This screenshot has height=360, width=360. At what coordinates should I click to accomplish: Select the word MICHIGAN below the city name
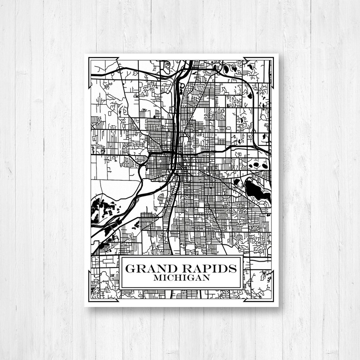(181, 277)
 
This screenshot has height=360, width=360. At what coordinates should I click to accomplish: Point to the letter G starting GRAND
(130, 268)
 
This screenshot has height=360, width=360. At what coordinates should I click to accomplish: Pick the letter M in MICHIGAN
(157, 277)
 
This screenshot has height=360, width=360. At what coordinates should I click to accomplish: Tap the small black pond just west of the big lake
(236, 183)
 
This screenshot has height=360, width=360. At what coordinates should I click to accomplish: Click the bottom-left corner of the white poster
(85, 307)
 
